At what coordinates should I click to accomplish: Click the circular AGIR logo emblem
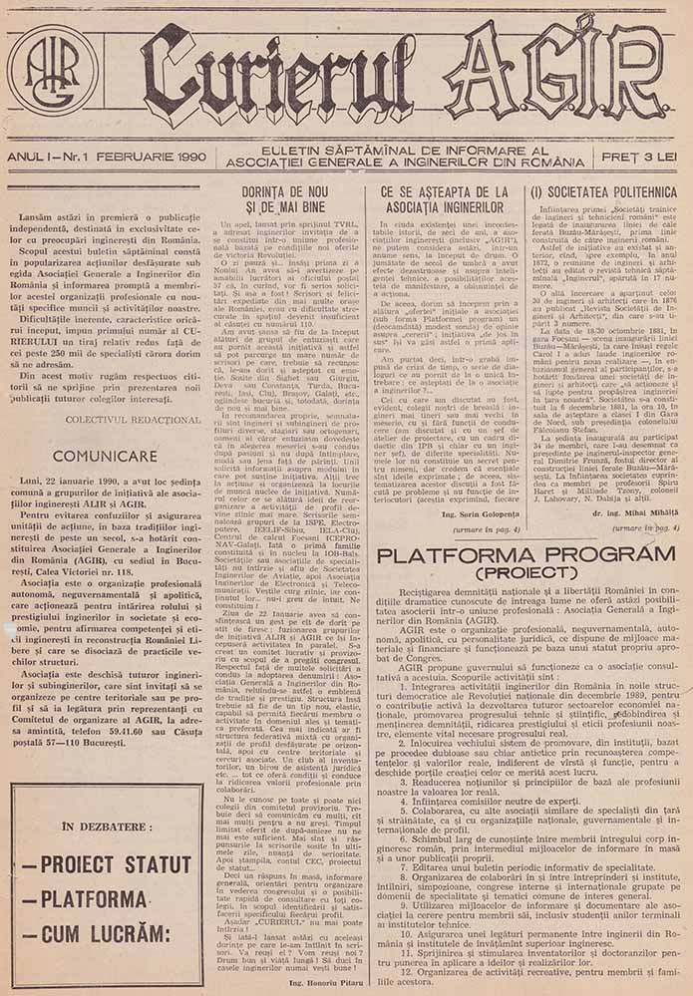click(x=52, y=73)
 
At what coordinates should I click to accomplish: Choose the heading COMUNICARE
click(x=106, y=456)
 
